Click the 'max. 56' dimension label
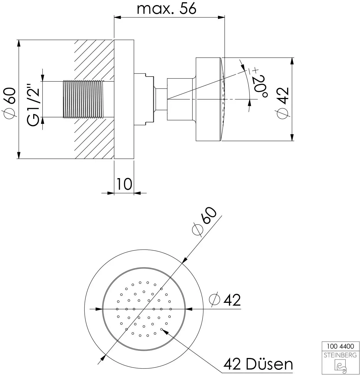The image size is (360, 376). pyautogui.click(x=166, y=9)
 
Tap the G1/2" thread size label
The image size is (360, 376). pyautogui.click(x=33, y=105)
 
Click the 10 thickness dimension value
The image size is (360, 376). pyautogui.click(x=124, y=184)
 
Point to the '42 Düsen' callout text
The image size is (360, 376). pyautogui.click(x=258, y=364)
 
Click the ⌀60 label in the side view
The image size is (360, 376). pyautogui.click(x=9, y=103)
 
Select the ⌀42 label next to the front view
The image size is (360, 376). pyautogui.click(x=225, y=300)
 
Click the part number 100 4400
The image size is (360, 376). pyautogui.click(x=340, y=346)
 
